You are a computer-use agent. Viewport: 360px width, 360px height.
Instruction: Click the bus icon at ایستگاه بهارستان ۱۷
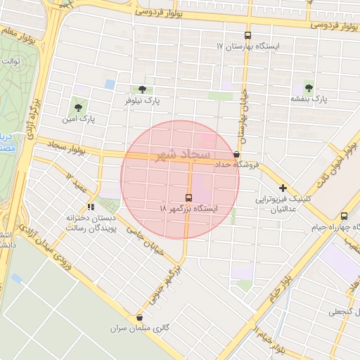click(247, 35)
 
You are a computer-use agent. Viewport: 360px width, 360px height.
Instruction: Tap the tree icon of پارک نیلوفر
click(143, 89)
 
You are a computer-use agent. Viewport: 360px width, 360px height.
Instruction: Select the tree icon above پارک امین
click(78, 108)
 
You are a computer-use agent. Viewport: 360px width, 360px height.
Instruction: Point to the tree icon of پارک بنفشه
click(309, 87)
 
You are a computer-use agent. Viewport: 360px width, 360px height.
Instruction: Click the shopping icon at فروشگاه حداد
click(236, 154)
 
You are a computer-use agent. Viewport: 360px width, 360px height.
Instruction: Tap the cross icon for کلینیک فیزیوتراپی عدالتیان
click(283, 188)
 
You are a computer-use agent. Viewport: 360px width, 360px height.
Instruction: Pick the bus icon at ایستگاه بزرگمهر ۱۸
click(188, 198)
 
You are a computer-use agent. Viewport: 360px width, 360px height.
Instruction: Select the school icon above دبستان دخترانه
click(90, 207)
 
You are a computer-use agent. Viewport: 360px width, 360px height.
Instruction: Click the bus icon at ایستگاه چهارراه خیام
click(344, 217)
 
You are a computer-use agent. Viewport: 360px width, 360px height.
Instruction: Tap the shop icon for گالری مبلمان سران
click(139, 317)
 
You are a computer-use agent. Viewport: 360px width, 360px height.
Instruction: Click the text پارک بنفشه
click(310, 99)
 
